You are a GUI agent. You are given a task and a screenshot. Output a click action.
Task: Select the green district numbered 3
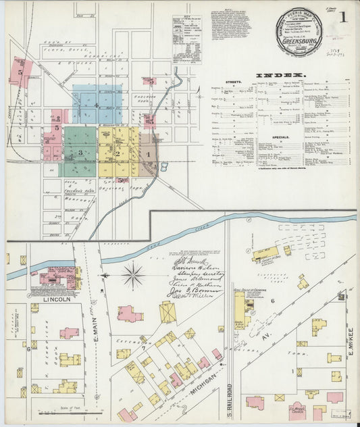(80, 153)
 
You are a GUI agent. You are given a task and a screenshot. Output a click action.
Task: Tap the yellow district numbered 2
(117, 153)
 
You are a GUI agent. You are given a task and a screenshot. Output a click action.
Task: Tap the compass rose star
(133, 275)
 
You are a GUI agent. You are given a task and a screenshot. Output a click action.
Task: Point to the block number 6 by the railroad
(273, 301)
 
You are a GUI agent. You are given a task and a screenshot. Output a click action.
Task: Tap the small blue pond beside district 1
(164, 166)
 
